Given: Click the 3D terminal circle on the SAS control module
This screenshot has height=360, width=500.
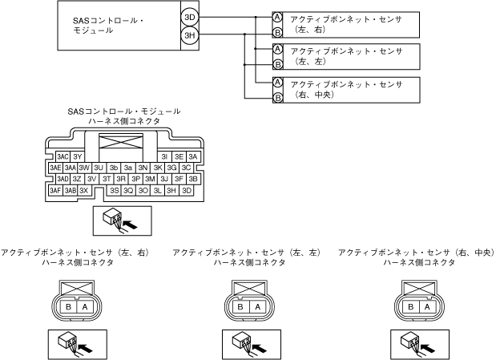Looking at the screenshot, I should pyautogui.click(x=189, y=17).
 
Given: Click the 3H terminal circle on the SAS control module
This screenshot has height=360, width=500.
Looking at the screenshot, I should pyautogui.click(x=189, y=34).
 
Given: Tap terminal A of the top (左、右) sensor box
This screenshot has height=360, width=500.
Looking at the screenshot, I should pyautogui.click(x=277, y=17).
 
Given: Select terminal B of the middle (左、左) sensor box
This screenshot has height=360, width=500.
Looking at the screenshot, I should pyautogui.click(x=277, y=64).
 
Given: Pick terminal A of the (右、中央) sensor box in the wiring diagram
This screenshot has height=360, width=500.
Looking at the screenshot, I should pyautogui.click(x=277, y=83).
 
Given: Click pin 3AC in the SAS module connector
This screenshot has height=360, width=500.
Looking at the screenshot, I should pyautogui.click(x=62, y=156).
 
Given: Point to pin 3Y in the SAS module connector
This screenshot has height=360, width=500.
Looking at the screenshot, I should pyautogui.click(x=78, y=156).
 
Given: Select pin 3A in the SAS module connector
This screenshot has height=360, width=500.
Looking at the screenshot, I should pyautogui.click(x=193, y=156).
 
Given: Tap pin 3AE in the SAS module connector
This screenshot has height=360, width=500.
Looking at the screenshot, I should pyautogui.click(x=54, y=168).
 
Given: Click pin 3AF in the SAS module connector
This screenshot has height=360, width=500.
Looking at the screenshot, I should pyautogui.click(x=54, y=191).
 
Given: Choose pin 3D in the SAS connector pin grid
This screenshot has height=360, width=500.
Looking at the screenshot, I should pyautogui.click(x=187, y=191).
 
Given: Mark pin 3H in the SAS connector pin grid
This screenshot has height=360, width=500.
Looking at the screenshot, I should pyautogui.click(x=171, y=191).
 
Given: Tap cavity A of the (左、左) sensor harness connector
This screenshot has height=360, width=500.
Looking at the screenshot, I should pyautogui.click(x=256, y=306).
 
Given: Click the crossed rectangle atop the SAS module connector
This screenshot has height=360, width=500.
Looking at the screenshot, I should pyautogui.click(x=123, y=146).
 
